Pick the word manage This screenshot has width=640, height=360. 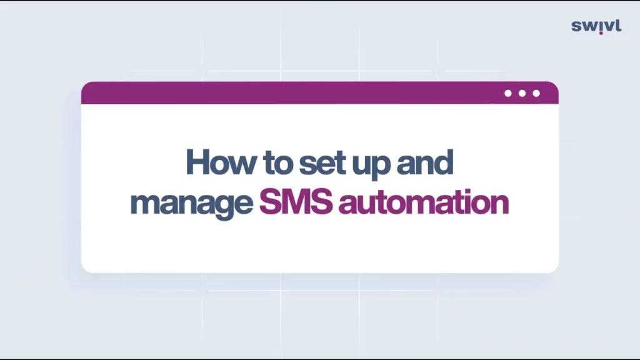191,204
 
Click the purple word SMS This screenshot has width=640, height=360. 296,201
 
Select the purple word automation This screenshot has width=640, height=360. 424,202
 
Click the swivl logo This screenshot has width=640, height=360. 596,26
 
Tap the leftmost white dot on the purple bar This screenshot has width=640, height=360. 507,94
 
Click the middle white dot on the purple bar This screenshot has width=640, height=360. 522,94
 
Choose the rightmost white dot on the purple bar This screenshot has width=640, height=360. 536,94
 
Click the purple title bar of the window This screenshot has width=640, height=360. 319,93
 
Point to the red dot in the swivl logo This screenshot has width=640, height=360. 601,33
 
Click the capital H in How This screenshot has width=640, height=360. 198,162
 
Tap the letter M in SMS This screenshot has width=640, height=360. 297,201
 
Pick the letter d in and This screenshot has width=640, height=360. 444,162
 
